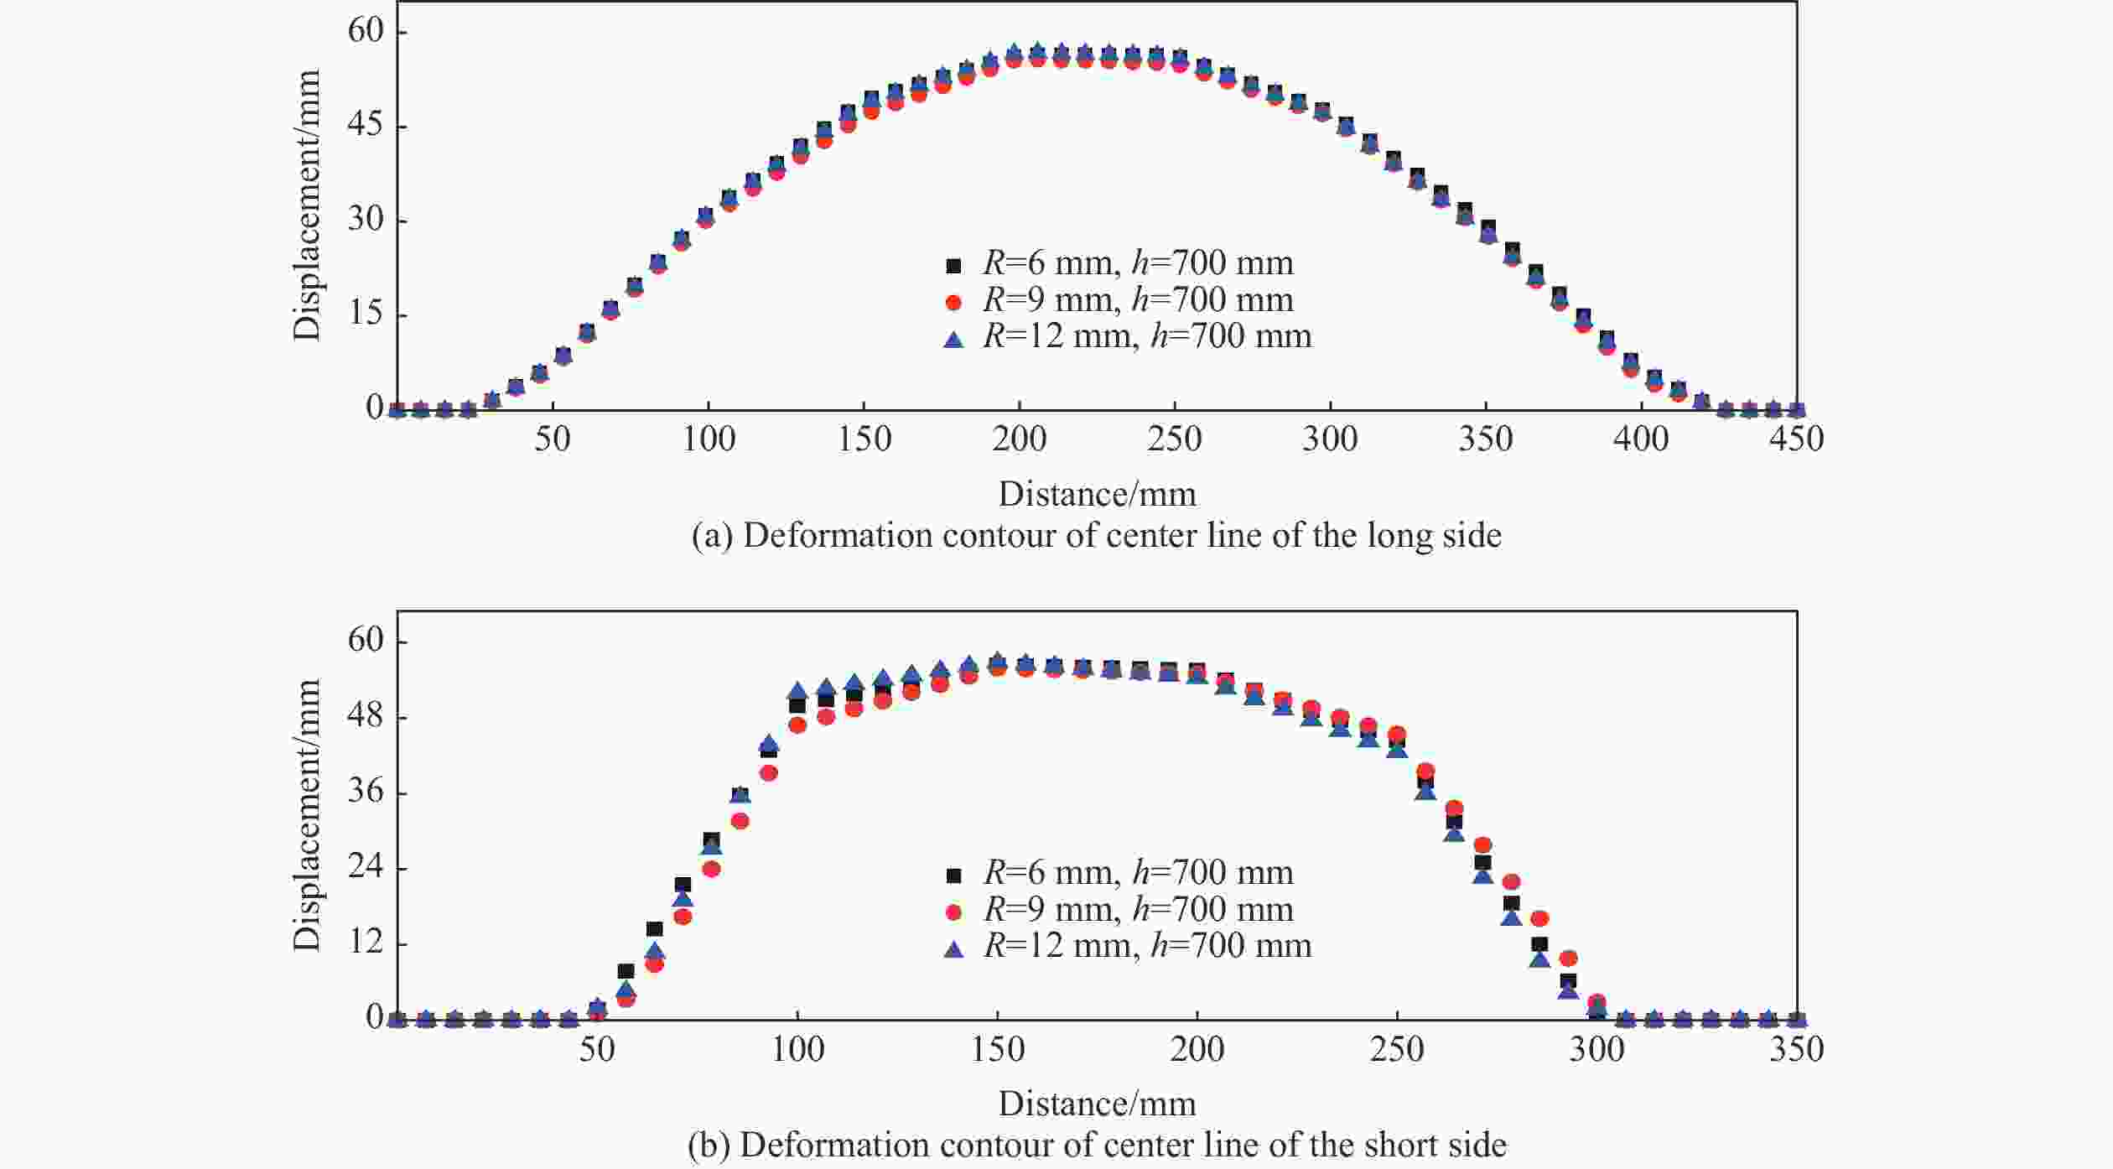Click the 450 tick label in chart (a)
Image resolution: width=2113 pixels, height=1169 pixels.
[1796, 439]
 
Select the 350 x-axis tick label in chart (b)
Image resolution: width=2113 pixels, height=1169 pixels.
[1796, 1049]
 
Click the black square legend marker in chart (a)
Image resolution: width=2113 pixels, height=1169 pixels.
[953, 265]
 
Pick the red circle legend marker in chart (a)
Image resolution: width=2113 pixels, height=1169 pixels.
[953, 301]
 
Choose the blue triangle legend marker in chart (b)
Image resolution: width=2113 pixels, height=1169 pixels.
[953, 948]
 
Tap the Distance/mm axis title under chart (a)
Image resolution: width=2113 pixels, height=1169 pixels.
[1097, 494]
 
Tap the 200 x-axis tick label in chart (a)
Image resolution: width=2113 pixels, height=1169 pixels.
[1019, 439]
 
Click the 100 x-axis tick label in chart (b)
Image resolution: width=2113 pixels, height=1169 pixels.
[797, 1049]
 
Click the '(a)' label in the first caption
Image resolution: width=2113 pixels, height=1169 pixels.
[713, 536]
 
